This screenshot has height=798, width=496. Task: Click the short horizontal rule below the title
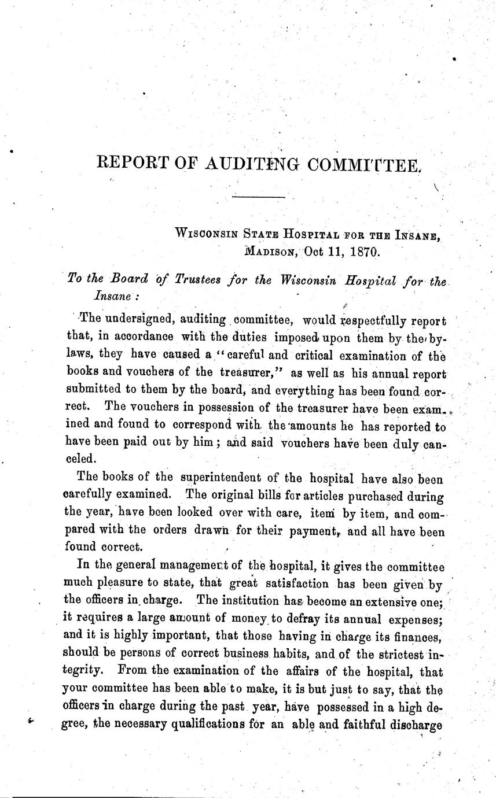258,198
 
